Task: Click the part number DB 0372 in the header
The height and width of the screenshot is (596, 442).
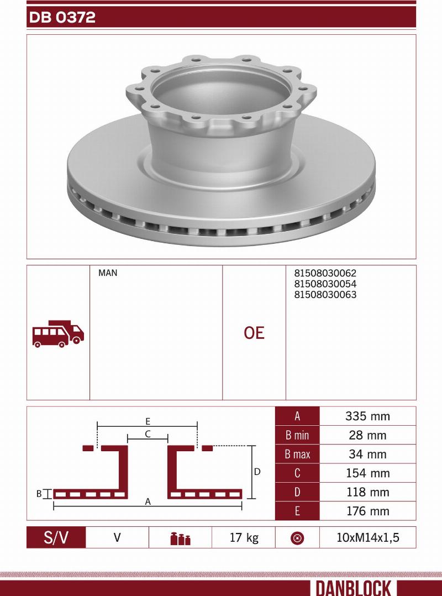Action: point(62,18)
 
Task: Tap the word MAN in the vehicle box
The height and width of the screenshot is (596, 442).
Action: point(108,273)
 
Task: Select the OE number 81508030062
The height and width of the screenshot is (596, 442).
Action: point(325,273)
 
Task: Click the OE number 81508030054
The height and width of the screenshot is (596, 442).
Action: point(325,284)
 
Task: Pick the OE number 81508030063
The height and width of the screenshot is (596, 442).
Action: point(325,295)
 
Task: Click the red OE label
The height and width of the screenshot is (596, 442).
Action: point(254,333)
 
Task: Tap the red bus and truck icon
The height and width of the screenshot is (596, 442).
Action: point(58,333)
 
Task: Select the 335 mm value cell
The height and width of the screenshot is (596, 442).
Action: point(367,416)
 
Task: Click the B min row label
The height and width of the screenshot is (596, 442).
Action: point(297,435)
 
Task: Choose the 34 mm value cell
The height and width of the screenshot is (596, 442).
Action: point(367,454)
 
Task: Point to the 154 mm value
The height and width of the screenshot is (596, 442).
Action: point(367,473)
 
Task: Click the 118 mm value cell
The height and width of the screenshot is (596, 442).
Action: point(367,492)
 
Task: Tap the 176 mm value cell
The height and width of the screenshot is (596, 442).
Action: point(367,511)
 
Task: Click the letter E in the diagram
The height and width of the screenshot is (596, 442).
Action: point(148,421)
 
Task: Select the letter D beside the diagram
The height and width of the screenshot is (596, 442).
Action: point(257,472)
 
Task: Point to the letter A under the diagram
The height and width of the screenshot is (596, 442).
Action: point(148,501)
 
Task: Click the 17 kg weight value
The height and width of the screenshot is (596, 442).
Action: point(244,537)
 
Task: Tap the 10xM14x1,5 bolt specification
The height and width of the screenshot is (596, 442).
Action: point(367,537)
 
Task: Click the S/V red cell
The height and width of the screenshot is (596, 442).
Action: point(56,537)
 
